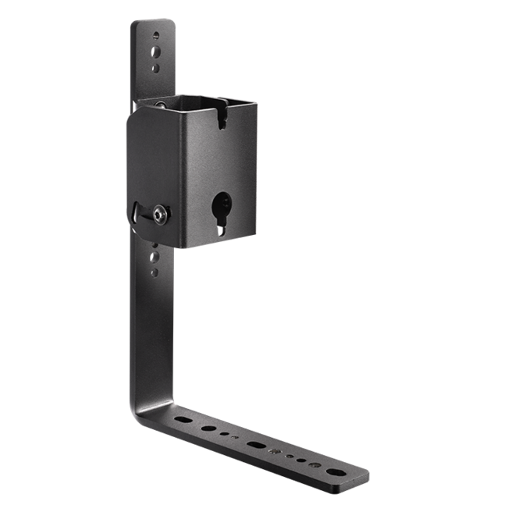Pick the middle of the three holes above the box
click(157, 52)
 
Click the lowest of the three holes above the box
click(157, 68)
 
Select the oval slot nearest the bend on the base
click(181, 420)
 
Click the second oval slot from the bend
click(208, 429)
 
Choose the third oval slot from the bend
click(255, 446)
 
